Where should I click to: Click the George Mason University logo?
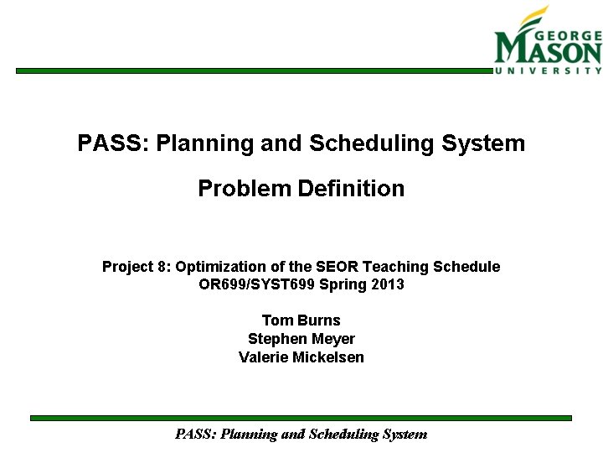pyautogui.click(x=548, y=42)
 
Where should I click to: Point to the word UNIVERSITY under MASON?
pyautogui.click(x=548, y=71)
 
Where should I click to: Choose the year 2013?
pyautogui.click(x=385, y=284)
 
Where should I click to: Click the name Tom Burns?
pyautogui.click(x=301, y=320)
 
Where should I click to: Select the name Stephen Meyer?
pyautogui.click(x=301, y=339)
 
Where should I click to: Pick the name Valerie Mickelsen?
pyautogui.click(x=301, y=357)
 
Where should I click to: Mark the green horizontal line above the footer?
pyautogui.click(x=301, y=418)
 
